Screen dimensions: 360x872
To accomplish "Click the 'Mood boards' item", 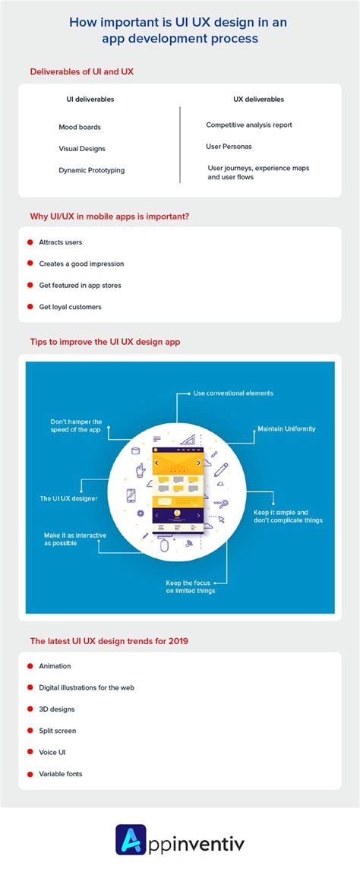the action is click(80, 128).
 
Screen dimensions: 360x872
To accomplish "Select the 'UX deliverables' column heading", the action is click(258, 100).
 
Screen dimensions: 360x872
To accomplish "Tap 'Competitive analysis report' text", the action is click(248, 125).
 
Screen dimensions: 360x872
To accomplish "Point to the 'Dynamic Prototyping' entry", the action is click(91, 171).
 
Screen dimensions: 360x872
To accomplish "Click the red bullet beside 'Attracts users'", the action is click(30, 242).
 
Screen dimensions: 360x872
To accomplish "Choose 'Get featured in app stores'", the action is click(80, 286).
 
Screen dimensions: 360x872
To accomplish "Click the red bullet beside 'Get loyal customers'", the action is click(30, 306).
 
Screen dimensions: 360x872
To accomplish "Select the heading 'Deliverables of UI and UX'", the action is click(81, 71).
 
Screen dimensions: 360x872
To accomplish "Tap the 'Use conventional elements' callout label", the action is click(233, 393).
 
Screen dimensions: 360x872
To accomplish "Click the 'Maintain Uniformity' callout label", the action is click(286, 429).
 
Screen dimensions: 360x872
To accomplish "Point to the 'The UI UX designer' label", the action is click(68, 498).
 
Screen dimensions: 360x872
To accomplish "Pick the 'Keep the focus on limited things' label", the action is click(191, 586).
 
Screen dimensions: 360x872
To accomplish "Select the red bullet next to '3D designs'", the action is click(30, 709).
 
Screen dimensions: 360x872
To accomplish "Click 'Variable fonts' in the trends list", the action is click(61, 774).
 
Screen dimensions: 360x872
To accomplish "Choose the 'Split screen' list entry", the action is click(57, 731).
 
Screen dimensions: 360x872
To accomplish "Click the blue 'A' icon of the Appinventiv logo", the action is click(131, 840).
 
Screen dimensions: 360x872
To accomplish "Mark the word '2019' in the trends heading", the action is click(178, 641).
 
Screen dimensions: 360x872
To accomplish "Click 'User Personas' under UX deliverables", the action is click(228, 147).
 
